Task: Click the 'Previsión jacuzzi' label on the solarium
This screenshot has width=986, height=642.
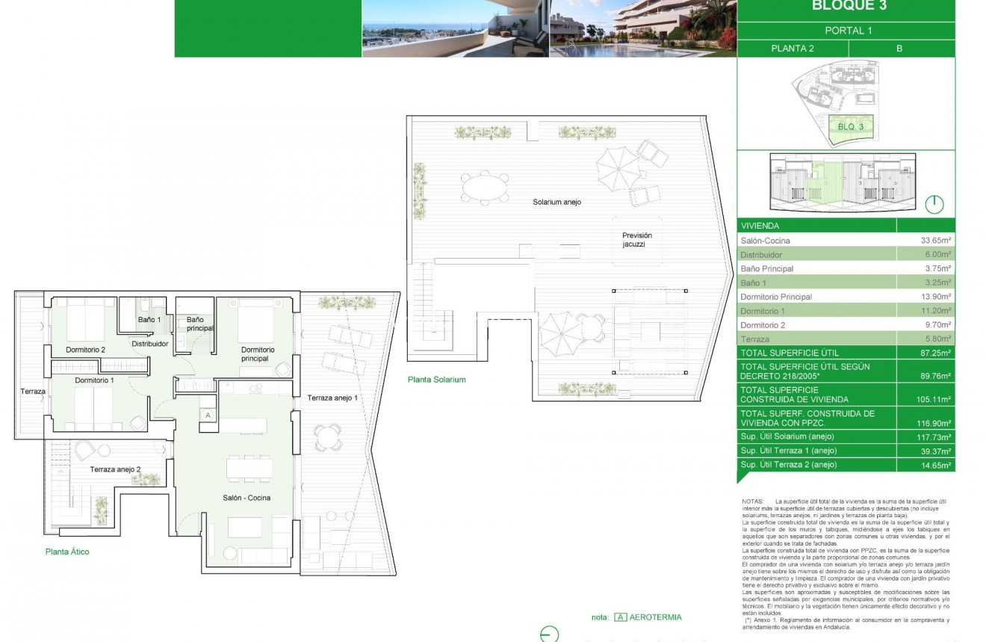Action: (x=637, y=240)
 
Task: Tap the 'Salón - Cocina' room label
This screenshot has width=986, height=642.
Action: (x=246, y=498)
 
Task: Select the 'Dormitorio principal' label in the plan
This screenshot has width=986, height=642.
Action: (x=258, y=354)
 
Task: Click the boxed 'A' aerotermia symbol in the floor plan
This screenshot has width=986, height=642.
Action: (x=208, y=416)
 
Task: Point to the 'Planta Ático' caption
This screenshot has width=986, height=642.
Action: (x=67, y=552)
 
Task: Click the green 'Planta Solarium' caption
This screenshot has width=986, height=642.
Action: (x=436, y=380)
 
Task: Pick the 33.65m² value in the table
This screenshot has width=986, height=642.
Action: (x=935, y=241)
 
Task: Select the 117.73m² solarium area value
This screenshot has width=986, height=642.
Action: (x=934, y=436)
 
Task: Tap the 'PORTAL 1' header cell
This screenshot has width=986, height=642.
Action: (x=848, y=31)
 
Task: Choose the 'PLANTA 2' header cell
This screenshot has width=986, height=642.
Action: (x=793, y=49)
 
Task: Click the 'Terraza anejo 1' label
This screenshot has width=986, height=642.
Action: (x=332, y=398)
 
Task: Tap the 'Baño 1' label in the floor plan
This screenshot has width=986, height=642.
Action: (x=149, y=320)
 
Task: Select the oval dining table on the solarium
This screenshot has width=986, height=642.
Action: (x=485, y=187)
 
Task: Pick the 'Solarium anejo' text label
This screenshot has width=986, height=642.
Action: (x=556, y=203)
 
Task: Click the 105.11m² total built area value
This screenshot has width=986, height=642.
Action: (x=934, y=399)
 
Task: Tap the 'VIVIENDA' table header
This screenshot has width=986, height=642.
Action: (x=760, y=225)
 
